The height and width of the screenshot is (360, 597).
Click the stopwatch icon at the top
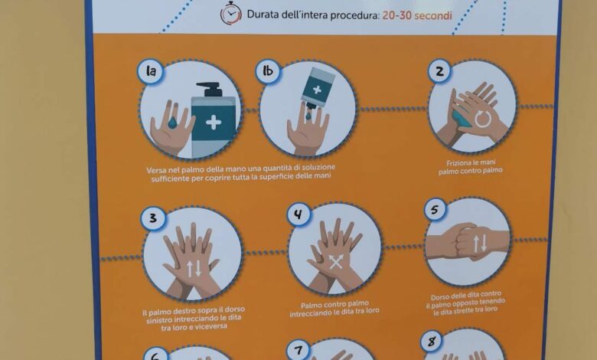pos(230,13)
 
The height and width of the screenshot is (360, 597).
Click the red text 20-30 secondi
pos(417,15)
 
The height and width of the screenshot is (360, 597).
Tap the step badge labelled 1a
pos(151,71)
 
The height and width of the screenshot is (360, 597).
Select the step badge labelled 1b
pos(268,71)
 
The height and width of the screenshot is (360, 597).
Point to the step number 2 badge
pos(439,71)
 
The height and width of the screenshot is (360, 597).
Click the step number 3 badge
pos(153,218)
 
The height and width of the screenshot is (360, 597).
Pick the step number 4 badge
pos(298,214)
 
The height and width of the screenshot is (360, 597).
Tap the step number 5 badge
pos(436,209)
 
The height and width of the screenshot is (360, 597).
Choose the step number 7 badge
pos(298,351)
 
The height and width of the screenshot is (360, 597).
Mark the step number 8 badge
pos(432,342)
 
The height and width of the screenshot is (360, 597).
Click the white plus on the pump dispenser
pos(214,123)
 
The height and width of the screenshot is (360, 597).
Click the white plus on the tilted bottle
pos(317,90)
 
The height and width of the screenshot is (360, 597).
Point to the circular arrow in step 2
pos(483,119)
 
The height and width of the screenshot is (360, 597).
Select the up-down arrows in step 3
pos(194,269)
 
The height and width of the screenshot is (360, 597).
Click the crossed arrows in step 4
pos(336,262)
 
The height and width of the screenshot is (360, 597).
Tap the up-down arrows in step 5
pos(479,243)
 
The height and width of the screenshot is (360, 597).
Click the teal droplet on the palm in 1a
pos(172,122)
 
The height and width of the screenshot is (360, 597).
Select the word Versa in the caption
pos(155,170)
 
